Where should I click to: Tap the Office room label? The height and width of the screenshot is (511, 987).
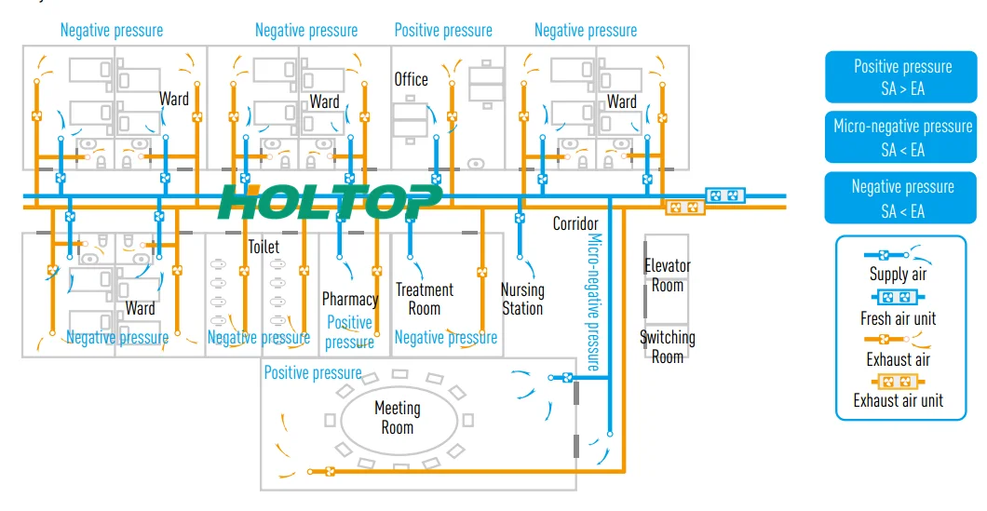click(411, 80)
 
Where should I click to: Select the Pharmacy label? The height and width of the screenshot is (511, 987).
click(349, 299)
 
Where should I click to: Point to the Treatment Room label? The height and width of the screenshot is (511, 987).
click(424, 299)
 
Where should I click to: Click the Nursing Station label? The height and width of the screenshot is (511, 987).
click(521, 299)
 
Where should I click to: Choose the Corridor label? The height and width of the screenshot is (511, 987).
click(575, 223)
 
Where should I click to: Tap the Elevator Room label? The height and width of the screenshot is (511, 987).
click(668, 276)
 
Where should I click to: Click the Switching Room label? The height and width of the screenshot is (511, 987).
click(667, 346)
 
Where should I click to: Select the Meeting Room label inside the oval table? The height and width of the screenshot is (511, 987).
click(397, 417)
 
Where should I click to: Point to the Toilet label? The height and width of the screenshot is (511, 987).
click(264, 248)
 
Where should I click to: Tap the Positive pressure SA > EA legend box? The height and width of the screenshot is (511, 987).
click(902, 77)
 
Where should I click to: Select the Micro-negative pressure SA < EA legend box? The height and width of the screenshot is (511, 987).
click(902, 137)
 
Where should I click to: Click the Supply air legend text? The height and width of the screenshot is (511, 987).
click(898, 275)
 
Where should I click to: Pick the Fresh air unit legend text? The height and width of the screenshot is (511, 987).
click(898, 318)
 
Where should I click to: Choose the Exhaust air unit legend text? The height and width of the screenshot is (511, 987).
click(898, 400)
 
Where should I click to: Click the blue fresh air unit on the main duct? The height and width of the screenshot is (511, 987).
click(724, 195)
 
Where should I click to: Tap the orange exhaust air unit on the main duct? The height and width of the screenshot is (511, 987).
click(684, 208)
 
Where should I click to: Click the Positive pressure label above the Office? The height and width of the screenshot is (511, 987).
click(443, 30)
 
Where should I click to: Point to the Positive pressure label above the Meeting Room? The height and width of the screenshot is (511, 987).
click(313, 373)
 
